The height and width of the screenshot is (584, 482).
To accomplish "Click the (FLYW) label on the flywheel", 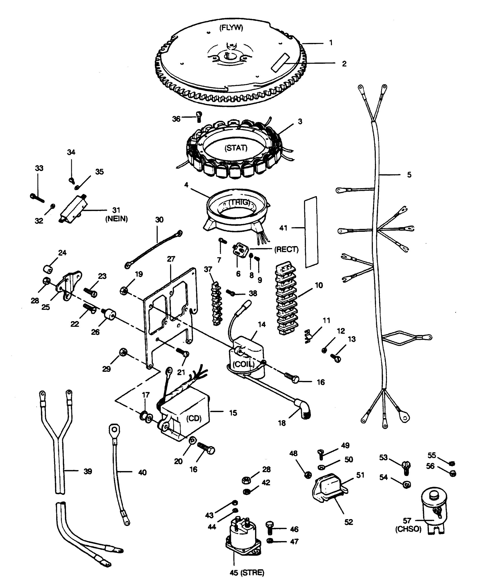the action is [x=231, y=28].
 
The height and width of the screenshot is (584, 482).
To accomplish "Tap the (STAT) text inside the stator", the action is [x=236, y=148].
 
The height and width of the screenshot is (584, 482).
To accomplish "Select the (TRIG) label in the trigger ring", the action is [x=240, y=202].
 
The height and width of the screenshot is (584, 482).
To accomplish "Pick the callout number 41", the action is [x=283, y=228].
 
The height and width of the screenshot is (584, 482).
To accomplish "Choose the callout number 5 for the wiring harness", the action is [x=409, y=175].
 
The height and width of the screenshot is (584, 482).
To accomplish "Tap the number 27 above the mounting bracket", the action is [x=171, y=259].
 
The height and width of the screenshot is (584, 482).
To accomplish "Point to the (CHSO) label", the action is [x=408, y=529].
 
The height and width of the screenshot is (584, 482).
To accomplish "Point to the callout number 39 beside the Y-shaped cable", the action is [x=88, y=471].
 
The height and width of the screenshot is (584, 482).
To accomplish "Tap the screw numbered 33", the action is [x=37, y=198].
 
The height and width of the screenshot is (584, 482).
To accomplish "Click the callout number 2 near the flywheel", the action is [x=344, y=64].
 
